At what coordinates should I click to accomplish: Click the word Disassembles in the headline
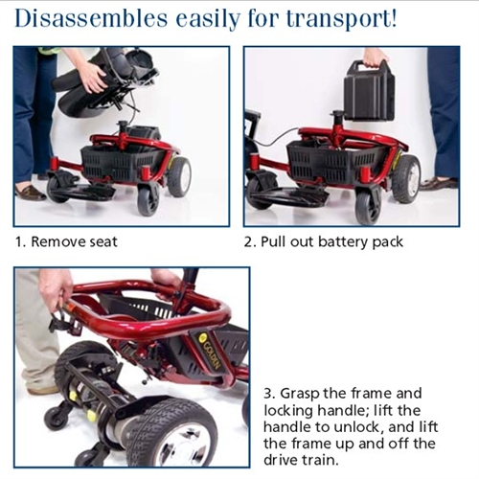click(x=91, y=18)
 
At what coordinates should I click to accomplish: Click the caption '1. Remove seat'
click(x=66, y=241)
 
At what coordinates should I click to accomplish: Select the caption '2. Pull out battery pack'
click(x=324, y=241)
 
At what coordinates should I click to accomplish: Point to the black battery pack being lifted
click(x=368, y=91)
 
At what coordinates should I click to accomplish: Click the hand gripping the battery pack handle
click(x=377, y=57)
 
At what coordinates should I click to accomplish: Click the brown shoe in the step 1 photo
click(x=31, y=193)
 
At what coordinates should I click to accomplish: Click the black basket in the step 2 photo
click(x=337, y=160)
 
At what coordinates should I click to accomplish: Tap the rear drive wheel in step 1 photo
click(x=179, y=176)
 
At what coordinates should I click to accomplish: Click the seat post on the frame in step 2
click(x=337, y=126)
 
